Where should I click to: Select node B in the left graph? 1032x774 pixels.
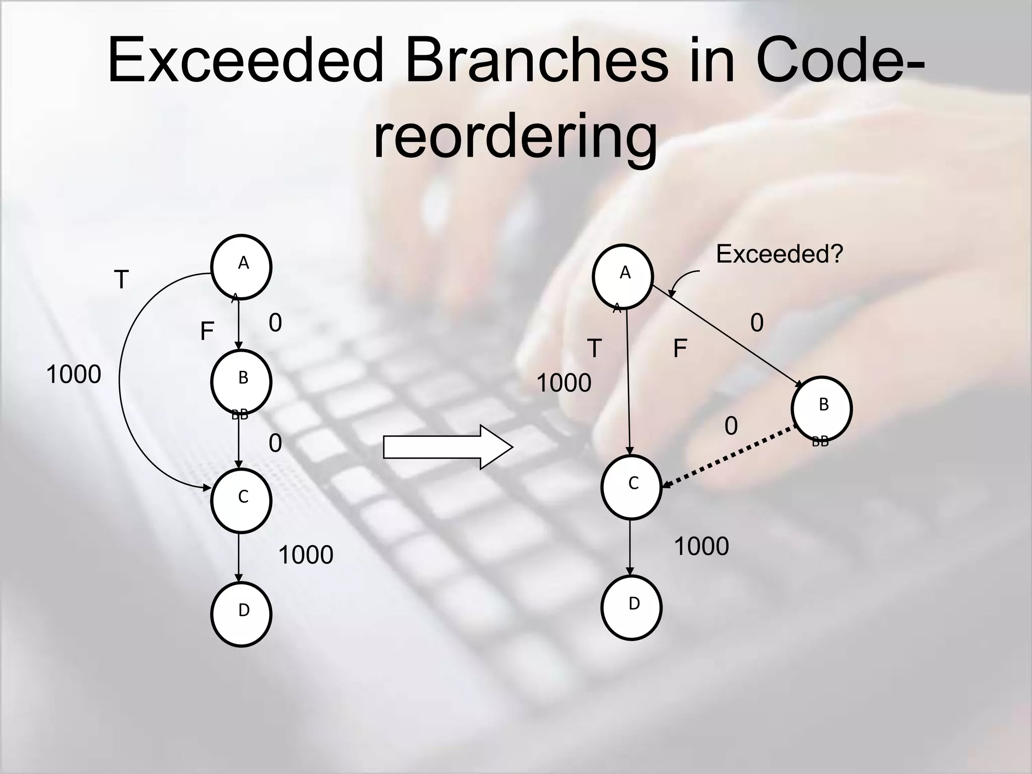click(241, 382)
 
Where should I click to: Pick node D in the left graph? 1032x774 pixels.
click(241, 614)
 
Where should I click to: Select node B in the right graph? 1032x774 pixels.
click(821, 408)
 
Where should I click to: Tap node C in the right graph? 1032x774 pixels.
click(631, 487)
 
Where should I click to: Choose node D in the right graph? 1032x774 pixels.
click(631, 607)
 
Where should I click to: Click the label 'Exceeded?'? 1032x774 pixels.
click(779, 254)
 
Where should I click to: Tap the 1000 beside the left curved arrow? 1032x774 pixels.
click(74, 375)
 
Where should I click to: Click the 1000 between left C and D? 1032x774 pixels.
click(305, 555)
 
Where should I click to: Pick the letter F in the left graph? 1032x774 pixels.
click(207, 332)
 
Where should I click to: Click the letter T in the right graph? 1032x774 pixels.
click(595, 348)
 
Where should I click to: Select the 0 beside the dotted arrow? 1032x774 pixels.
click(731, 426)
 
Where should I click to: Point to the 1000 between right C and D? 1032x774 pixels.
click(701, 546)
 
